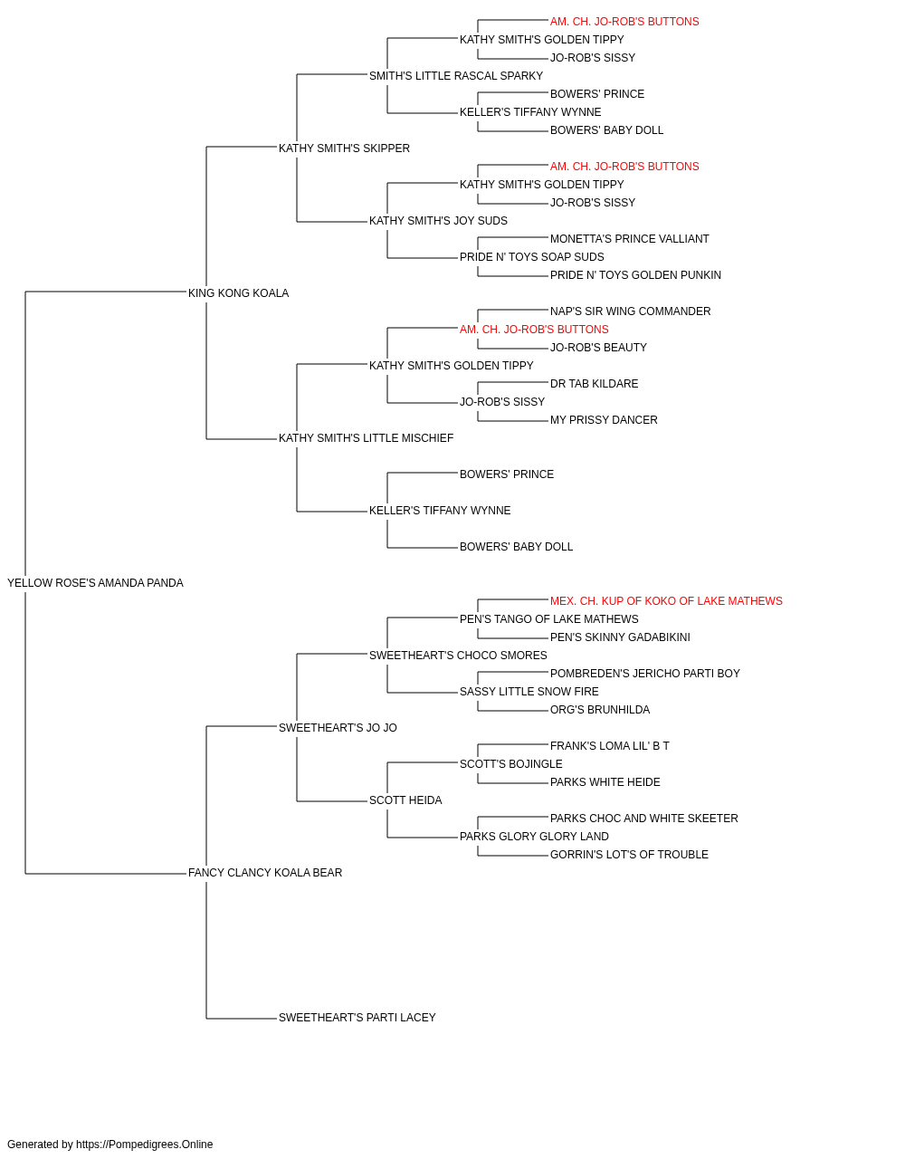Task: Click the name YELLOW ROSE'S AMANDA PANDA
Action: click(95, 583)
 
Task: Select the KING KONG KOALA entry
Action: click(238, 293)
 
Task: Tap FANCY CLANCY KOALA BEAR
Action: click(265, 873)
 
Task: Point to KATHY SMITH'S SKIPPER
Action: click(344, 148)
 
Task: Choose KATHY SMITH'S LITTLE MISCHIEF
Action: click(367, 438)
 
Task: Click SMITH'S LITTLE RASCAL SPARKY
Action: click(456, 76)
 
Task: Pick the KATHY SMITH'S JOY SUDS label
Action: click(438, 221)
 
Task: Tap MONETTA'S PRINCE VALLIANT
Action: click(630, 239)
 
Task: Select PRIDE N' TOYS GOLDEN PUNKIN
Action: click(635, 275)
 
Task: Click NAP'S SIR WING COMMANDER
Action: click(631, 311)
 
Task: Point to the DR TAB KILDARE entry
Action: click(595, 384)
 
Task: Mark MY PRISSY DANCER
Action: click(604, 420)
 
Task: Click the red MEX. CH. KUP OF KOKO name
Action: click(666, 601)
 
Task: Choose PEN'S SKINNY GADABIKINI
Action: click(620, 637)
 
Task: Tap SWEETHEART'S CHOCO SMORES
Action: click(458, 656)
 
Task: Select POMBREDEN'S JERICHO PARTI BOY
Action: click(645, 674)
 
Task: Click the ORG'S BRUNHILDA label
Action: click(600, 710)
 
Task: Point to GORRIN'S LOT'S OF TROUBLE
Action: click(630, 855)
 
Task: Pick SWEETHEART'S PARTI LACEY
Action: click(357, 1018)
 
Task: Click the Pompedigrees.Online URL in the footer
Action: click(145, 1145)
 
